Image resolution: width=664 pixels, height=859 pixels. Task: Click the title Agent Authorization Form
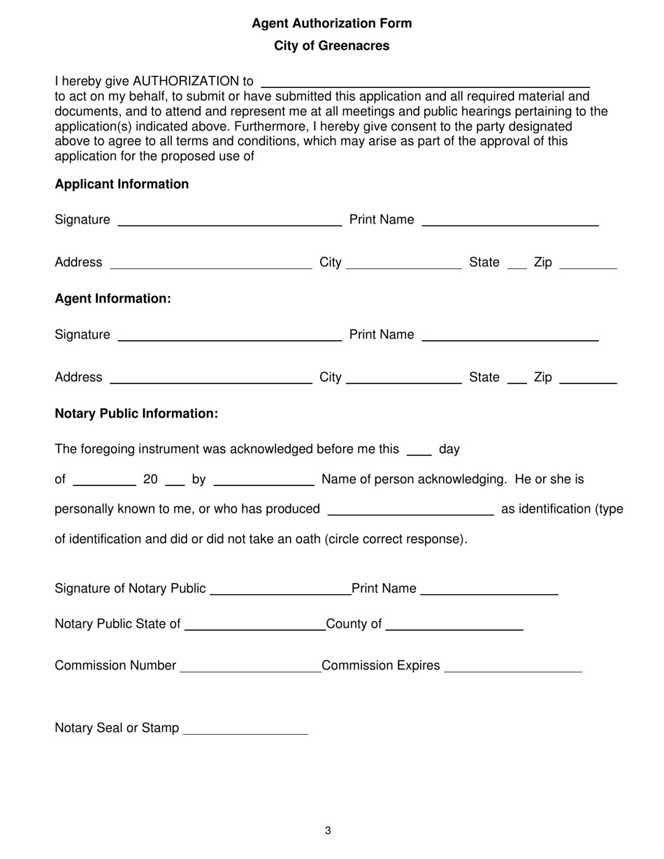331,24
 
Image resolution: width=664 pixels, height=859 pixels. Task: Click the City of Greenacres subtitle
331,46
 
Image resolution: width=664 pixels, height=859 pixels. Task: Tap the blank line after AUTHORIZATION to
425,82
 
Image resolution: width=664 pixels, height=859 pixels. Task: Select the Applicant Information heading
122,184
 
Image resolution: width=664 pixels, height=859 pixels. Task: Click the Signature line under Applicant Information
230,221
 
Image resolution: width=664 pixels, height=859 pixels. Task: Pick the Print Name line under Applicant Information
510,221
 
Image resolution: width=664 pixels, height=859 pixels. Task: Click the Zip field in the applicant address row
589,263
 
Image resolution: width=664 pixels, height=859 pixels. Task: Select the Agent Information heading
113,299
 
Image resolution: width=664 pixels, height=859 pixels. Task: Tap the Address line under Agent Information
211,379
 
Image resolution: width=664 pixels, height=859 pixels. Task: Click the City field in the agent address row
404,379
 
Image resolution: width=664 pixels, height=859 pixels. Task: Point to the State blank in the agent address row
517,379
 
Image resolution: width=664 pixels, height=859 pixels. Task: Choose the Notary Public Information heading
136,414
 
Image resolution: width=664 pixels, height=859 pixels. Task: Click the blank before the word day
419,450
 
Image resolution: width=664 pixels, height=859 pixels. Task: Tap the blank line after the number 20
175,480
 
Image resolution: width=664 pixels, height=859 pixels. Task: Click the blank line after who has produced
410,510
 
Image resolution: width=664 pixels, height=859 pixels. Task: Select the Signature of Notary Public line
280,590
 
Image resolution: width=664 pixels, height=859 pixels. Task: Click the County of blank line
454,625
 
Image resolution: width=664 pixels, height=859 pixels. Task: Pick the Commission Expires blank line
512,667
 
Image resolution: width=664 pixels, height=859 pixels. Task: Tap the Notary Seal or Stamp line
244,729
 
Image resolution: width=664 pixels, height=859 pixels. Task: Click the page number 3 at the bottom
328,831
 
